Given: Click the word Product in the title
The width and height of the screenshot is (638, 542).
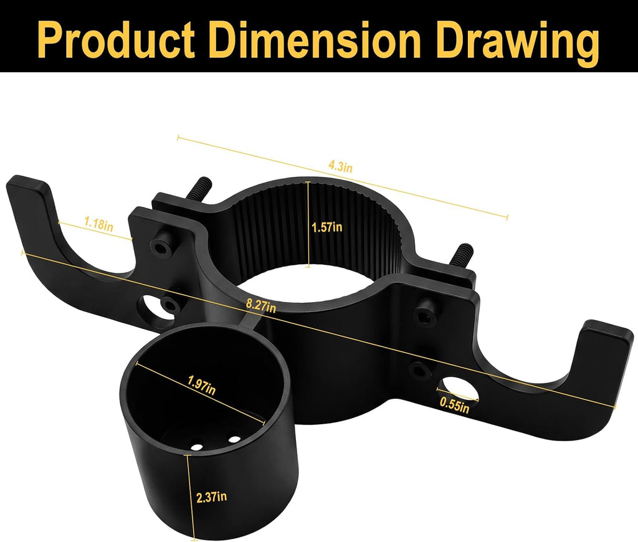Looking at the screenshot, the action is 116,39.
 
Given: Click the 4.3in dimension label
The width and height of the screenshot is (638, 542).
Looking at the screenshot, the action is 341,166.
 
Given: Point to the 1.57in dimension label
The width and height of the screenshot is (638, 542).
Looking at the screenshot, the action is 327,227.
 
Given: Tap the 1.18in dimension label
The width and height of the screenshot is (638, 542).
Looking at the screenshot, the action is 98,224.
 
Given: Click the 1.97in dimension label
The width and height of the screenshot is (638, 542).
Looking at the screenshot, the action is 201,384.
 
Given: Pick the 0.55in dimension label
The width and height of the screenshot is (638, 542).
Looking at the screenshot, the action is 454,405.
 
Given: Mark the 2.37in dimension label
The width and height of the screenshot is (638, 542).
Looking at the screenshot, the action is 212,497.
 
